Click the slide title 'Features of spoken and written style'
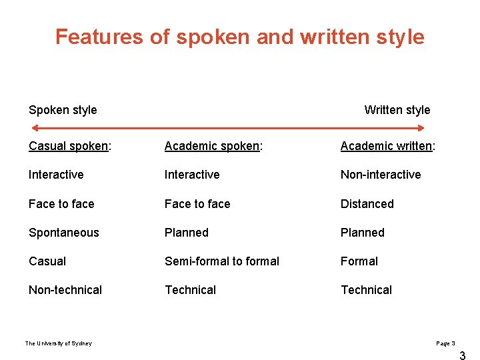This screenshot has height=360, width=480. pos(239,37)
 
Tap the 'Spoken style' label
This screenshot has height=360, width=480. pos(63,110)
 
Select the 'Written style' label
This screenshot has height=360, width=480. pos(397,110)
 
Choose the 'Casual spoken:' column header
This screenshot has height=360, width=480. pos(70,146)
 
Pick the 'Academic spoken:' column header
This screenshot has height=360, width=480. pos(213,146)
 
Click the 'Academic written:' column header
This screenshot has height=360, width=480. pos(387,146)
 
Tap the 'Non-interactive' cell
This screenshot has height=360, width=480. pos(381,175)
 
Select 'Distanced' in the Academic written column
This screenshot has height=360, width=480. pos(367,204)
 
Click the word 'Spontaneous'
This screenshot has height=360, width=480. pos(64,233)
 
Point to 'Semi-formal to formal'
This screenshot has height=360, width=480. pos(222,261)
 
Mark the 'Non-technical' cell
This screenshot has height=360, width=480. pos(65,290)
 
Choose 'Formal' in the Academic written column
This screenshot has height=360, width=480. pos(359,261)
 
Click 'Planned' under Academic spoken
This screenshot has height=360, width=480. pos(187,233)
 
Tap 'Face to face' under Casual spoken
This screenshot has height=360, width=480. pos(61,204)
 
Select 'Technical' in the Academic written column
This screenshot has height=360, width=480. pos(367,290)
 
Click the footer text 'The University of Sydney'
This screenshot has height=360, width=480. pos(59,343)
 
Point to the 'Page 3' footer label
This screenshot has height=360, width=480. pos(445,343)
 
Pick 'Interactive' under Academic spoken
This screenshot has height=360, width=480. pos(192,175)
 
